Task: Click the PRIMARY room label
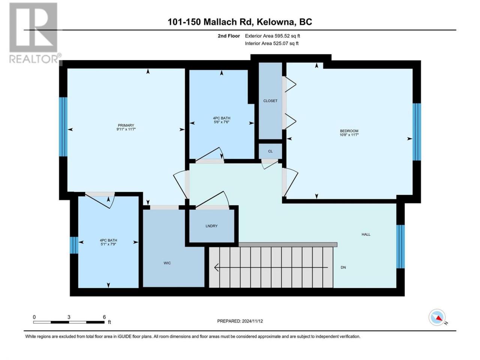pos(126,125)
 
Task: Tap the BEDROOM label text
pos(349,131)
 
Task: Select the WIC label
pos(167,263)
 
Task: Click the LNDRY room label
pos(211,226)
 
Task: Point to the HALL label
pos(366,234)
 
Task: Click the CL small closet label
pos(270,151)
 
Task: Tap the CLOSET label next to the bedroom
pos(270,101)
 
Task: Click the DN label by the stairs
pos(343,267)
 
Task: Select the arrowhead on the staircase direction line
pos(216,267)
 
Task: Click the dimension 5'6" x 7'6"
pos(221,122)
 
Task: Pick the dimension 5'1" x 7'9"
pos(108,244)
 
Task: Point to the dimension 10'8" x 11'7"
pos(349,135)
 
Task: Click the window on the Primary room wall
pos(63,127)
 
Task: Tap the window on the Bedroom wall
pos(417,132)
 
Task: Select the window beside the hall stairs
pos(400,246)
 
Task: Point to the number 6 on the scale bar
pos(104,317)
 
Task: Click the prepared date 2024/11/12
pos(252,321)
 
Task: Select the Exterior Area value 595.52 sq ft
pos(287,36)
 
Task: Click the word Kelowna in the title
pos(275,22)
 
